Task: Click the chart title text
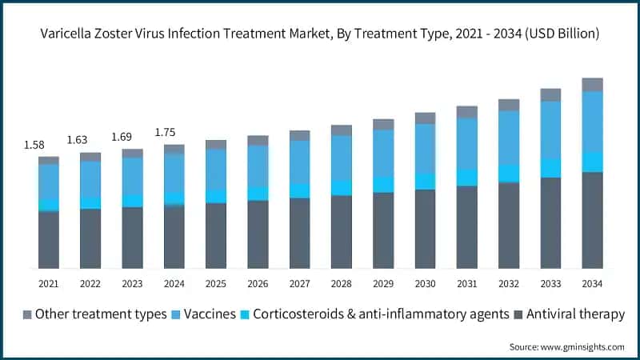click(320, 34)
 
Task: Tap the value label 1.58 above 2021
click(35, 144)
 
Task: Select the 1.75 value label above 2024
click(164, 132)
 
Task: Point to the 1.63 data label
click(78, 140)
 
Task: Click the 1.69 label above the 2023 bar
click(121, 136)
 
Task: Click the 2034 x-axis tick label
click(592, 284)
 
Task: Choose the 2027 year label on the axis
click(299, 284)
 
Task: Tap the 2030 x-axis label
click(425, 284)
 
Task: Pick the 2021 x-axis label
click(49, 284)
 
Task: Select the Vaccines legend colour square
click(177, 314)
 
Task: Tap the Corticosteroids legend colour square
click(244, 314)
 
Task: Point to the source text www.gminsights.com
click(566, 346)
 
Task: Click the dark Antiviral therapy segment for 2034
click(592, 220)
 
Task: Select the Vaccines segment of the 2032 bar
click(509, 138)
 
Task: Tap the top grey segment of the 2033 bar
click(550, 94)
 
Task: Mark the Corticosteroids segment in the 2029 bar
click(383, 184)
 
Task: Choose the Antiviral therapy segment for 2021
click(49, 239)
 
